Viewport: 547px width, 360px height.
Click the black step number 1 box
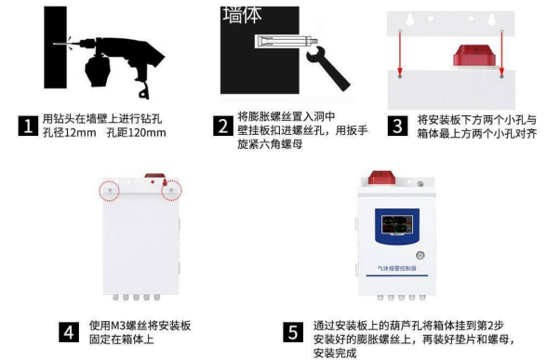28,126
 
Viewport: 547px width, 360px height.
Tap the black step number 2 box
223,126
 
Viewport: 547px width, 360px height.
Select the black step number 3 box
397,126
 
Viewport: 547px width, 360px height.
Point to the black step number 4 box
69,332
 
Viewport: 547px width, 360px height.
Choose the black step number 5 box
293,332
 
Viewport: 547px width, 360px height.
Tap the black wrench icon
327,69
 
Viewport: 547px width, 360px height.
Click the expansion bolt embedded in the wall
287,42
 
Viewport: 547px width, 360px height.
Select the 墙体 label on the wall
242,15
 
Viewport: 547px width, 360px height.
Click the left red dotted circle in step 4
110,190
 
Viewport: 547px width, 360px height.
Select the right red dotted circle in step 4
171,190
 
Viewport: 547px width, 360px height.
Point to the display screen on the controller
397,224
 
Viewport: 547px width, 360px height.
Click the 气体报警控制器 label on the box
397,268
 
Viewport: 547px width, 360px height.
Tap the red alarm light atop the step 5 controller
382,177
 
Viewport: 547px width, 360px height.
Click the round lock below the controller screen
420,255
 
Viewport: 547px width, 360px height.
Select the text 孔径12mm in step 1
69,132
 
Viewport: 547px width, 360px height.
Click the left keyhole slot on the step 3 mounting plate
410,19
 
